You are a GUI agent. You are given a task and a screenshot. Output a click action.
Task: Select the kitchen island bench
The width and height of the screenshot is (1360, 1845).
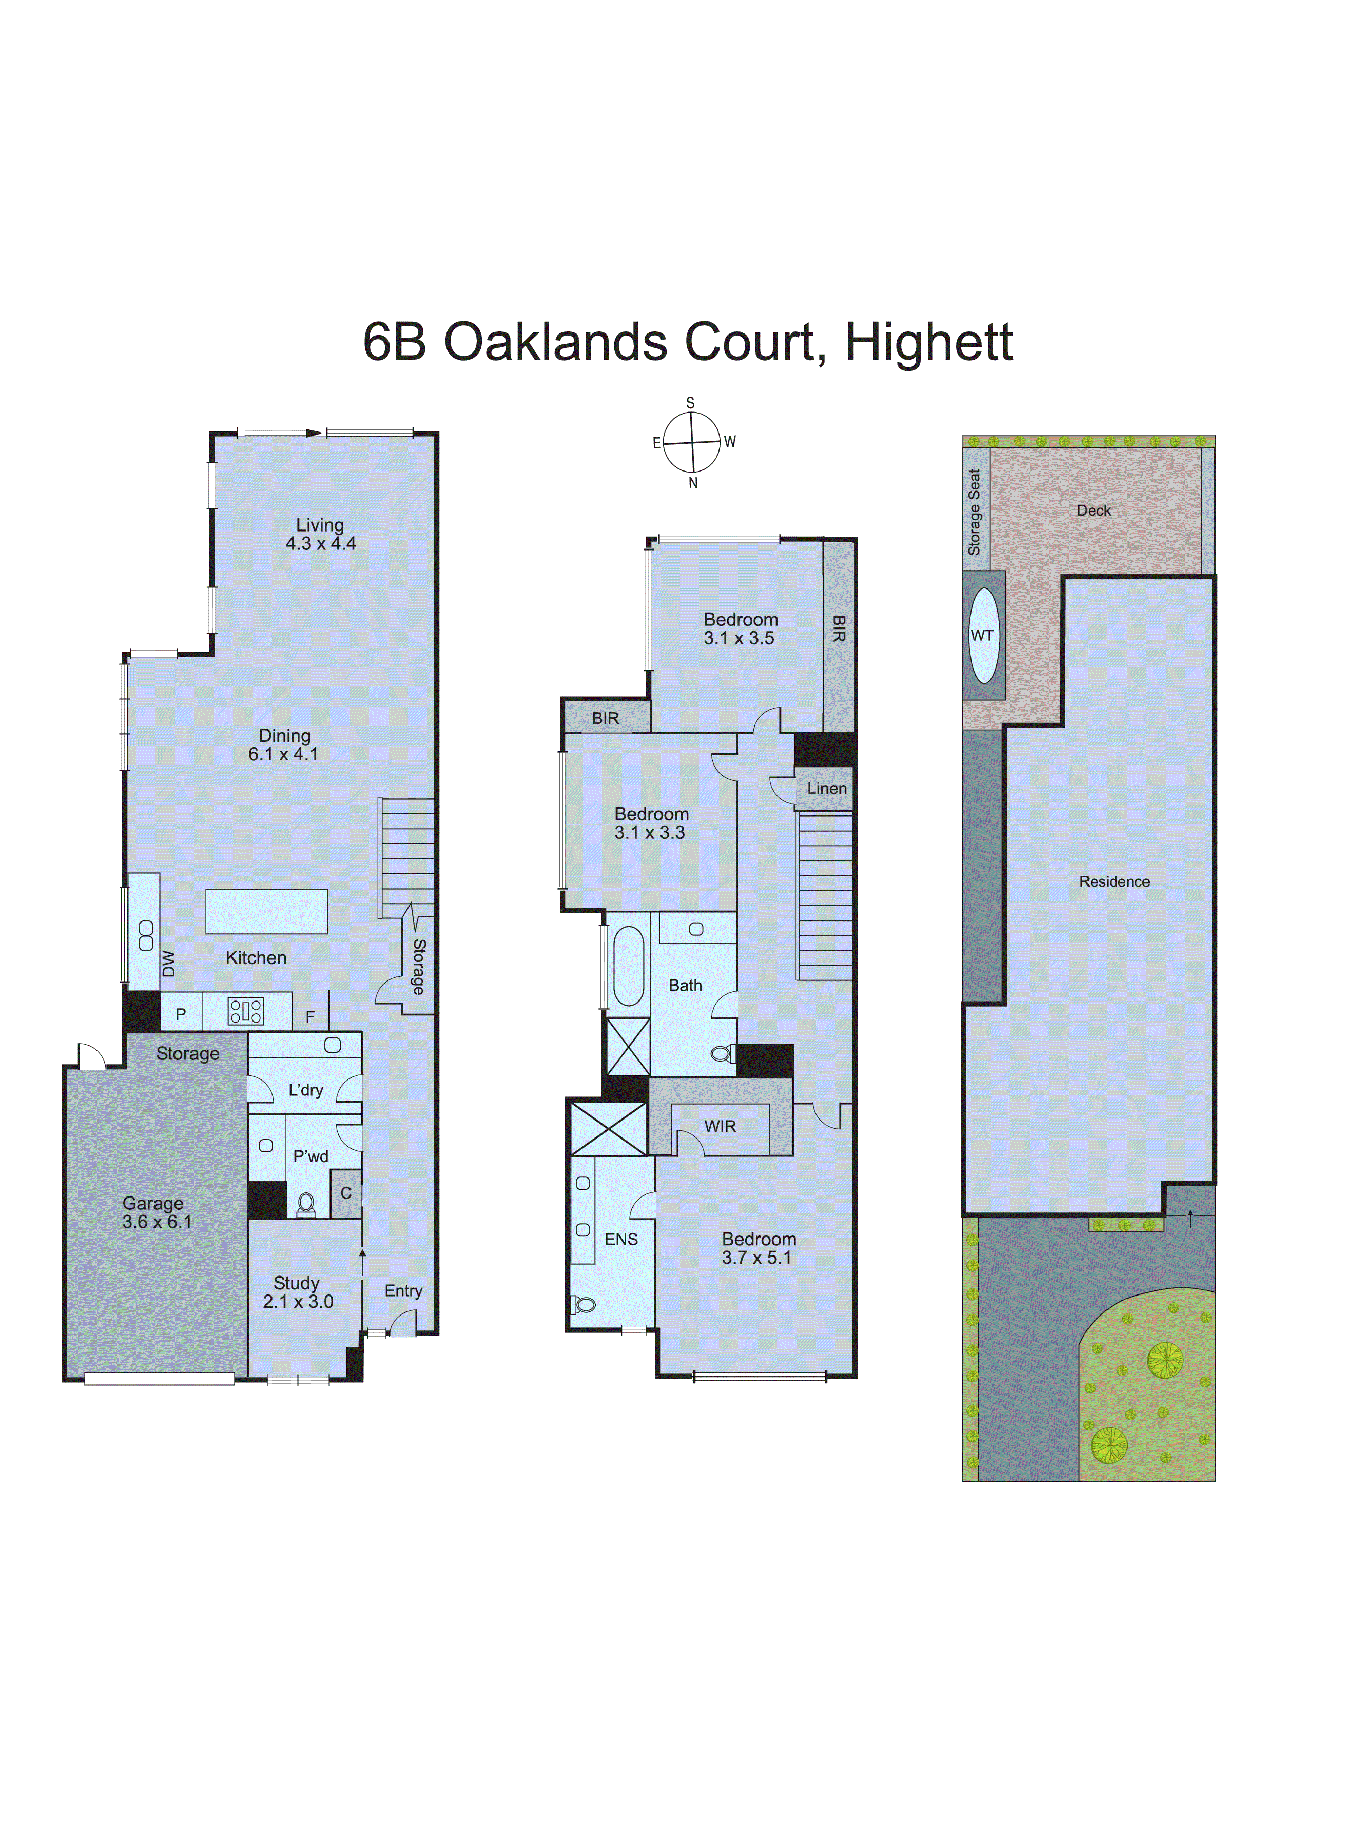[x=267, y=912]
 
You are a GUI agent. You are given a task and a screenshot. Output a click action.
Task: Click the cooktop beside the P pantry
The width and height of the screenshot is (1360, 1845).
[x=245, y=1011]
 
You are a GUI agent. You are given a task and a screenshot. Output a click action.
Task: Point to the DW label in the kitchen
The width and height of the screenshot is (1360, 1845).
[x=169, y=964]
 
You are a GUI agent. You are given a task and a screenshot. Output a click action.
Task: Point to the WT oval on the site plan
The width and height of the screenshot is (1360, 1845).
[x=983, y=635]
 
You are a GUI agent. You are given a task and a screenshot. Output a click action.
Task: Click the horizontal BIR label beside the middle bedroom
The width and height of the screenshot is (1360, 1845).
[x=605, y=718]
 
